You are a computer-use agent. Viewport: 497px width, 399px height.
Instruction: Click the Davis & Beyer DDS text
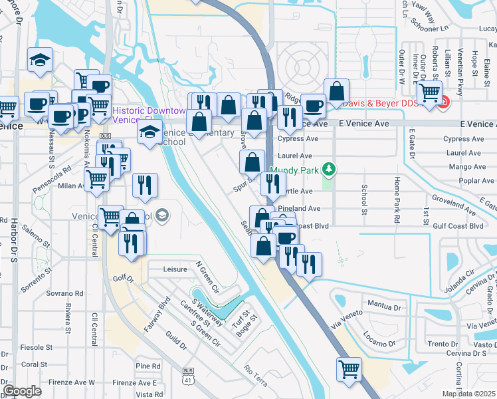click(383, 104)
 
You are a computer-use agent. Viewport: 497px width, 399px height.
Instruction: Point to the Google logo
click(23, 391)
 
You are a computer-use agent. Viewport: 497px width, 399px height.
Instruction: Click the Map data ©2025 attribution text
click(468, 394)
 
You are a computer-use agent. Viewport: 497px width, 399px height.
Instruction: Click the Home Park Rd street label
click(396, 200)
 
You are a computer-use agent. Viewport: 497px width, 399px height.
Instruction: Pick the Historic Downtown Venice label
click(148, 114)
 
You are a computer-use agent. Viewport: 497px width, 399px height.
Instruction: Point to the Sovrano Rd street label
click(64, 293)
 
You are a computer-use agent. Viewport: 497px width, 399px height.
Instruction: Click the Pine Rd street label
click(148, 366)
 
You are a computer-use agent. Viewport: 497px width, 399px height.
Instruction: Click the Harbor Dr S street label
click(13, 239)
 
